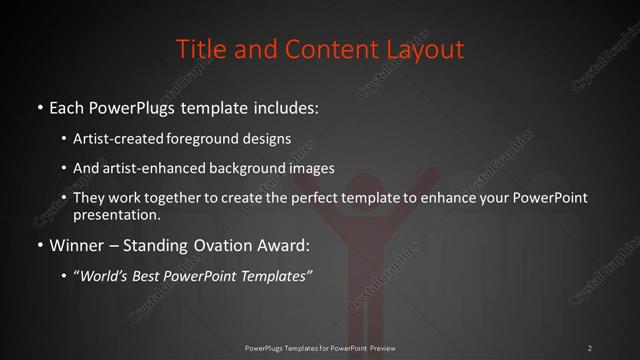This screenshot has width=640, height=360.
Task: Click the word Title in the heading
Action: click(199, 48)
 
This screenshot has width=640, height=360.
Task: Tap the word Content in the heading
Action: click(314, 48)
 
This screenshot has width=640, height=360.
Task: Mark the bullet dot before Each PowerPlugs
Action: click(38, 105)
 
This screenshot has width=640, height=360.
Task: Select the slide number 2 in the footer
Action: click(590, 348)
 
